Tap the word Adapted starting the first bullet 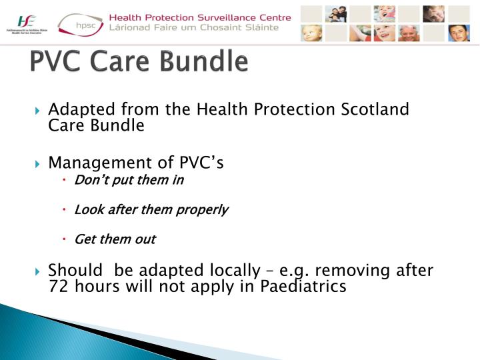[x=75, y=109]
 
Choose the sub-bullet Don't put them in [x=129, y=180]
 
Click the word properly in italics [x=201, y=209]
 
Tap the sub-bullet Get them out [x=115, y=239]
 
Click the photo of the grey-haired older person [x=409, y=33]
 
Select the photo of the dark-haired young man [x=459, y=33]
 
